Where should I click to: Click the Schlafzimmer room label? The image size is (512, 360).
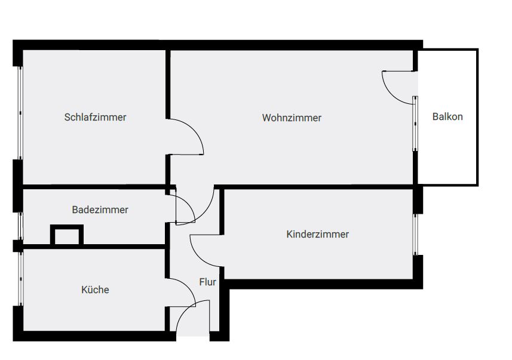95,117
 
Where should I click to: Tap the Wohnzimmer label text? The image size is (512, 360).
292,118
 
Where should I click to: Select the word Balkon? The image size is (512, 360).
447,116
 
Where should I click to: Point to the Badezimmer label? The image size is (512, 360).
100,210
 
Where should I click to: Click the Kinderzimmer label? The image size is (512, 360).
317,234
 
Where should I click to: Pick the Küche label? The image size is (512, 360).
95,290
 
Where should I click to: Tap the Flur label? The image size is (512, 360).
207,282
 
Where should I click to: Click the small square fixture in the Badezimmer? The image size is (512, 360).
66,235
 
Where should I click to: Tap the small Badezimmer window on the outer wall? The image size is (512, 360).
20,226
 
